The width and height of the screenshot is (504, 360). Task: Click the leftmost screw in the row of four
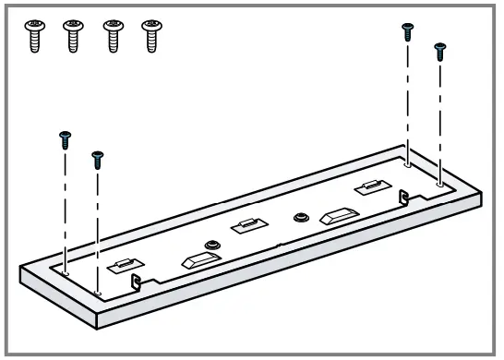click(x=35, y=36)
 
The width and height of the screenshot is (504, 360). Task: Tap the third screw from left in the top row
click(x=112, y=36)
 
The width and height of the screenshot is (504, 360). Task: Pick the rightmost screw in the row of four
click(x=150, y=36)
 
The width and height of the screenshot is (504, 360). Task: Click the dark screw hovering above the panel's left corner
click(x=65, y=139)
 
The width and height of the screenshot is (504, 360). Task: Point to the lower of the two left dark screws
click(x=98, y=158)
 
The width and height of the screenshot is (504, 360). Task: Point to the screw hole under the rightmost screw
click(x=440, y=184)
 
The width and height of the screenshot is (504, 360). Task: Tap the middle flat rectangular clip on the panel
click(x=245, y=224)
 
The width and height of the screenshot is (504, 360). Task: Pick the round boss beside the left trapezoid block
click(x=213, y=243)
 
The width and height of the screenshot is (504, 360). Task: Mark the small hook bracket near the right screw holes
click(x=403, y=197)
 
